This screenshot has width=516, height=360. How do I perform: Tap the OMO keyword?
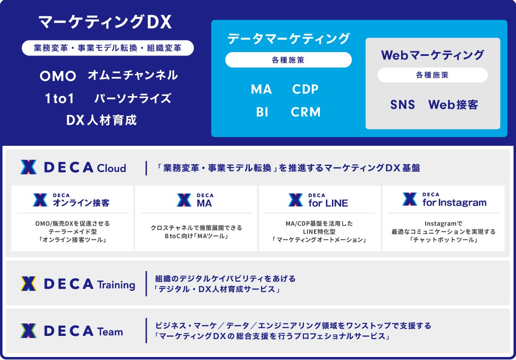(58, 77)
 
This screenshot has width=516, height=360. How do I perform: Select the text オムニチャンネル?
(132, 76)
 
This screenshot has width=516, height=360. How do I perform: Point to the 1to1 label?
(60, 99)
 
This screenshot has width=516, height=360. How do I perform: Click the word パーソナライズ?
(132, 98)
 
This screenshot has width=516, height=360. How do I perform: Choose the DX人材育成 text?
(101, 120)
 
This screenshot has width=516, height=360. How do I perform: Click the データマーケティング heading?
(288, 39)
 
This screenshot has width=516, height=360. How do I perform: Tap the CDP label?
(305, 89)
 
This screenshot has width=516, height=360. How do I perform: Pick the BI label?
(262, 112)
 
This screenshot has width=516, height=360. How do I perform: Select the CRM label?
(306, 112)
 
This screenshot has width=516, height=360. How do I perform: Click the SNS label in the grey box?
(402, 105)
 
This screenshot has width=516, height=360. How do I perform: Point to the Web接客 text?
(453, 105)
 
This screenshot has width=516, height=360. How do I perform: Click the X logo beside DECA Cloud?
(28, 167)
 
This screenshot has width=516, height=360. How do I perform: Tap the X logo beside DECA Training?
(28, 284)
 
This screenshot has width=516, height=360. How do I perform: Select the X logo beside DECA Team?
(28, 331)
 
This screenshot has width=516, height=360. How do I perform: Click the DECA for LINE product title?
(328, 200)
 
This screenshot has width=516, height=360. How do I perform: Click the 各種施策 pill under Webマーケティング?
(432, 75)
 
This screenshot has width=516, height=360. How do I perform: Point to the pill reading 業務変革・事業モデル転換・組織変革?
(107, 48)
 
